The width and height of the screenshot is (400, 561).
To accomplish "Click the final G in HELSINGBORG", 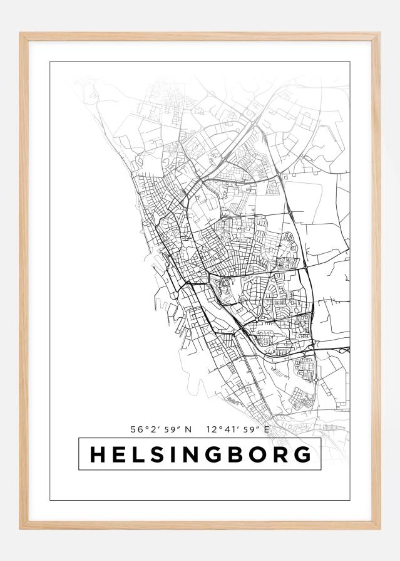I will (303, 454).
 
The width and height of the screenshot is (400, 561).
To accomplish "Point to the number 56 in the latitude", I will (136, 430).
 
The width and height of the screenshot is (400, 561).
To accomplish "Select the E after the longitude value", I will (266, 430).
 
